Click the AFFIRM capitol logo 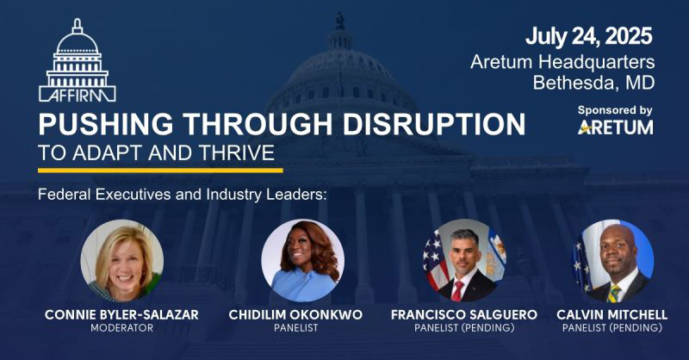78,60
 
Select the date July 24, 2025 588,37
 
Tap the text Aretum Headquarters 562,62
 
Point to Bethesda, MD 593,84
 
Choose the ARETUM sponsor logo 615,127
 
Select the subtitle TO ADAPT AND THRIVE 156,154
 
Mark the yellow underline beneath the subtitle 160,170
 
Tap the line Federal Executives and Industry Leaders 183,194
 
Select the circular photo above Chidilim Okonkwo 302,259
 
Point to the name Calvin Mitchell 612,315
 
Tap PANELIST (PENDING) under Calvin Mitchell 612,328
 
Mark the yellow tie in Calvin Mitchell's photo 615,289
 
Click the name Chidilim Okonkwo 302,315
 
